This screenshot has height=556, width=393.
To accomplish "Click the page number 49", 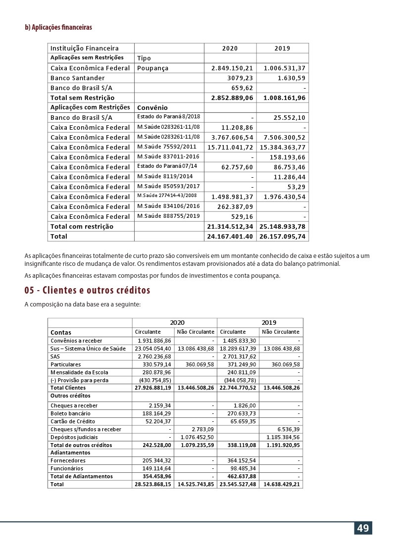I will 363,528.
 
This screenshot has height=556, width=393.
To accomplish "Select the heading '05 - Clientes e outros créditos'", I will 87,290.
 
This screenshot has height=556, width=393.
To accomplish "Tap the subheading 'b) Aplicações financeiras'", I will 58,27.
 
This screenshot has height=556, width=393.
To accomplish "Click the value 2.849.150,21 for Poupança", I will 232,68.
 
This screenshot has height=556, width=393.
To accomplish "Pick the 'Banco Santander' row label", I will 78,78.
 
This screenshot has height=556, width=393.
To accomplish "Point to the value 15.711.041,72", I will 230,148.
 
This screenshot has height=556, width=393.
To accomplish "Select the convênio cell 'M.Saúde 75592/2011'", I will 167,147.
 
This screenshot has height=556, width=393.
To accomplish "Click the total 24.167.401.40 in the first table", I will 230,237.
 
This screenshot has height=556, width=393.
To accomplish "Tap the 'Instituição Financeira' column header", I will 85,49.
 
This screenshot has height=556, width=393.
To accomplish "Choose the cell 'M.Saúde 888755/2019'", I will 168,216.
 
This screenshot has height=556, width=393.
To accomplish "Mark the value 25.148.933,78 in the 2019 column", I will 283,227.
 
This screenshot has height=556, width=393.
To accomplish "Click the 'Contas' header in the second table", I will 61,333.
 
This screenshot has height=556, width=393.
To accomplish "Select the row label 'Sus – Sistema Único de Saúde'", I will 88,349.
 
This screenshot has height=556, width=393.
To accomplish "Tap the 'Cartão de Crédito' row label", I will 69,421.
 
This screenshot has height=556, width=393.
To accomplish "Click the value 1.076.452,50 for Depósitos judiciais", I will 197,437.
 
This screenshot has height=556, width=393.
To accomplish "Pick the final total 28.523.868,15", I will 153,484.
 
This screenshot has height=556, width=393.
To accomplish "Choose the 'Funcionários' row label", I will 67,468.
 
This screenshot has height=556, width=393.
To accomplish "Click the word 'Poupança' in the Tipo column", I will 153,68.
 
